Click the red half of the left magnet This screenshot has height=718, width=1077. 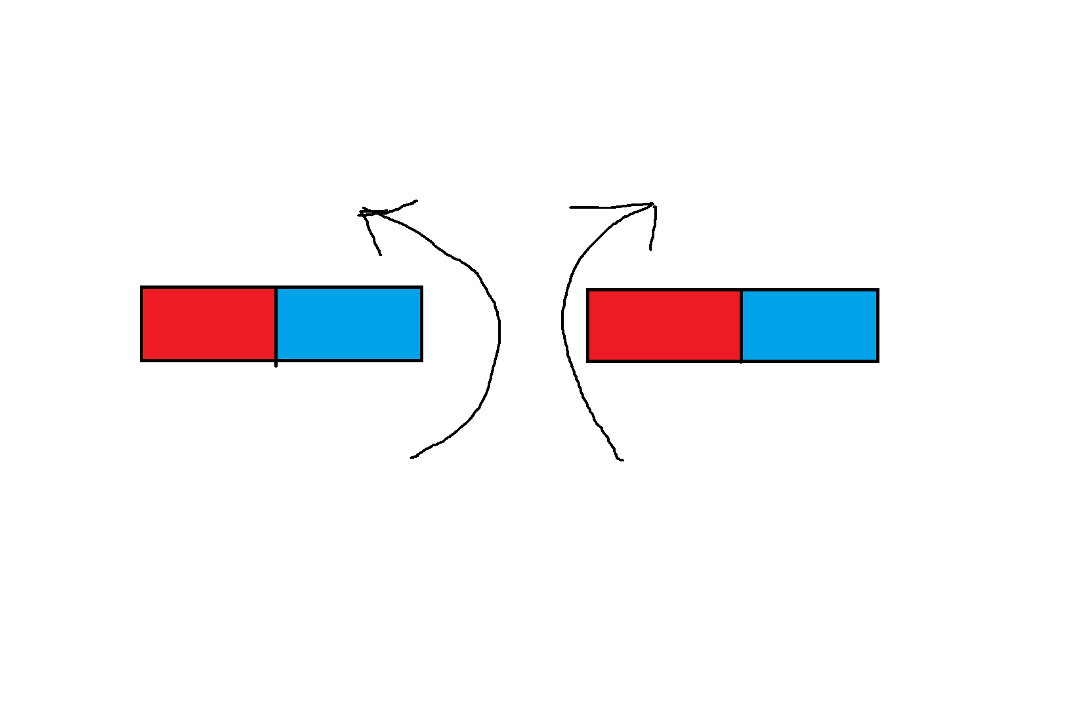click(209, 324)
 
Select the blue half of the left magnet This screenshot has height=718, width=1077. click(348, 324)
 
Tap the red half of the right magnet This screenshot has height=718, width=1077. click(664, 325)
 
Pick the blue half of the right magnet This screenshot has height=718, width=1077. click(809, 325)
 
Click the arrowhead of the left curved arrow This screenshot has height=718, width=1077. click(363, 212)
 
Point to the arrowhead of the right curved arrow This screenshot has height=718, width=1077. click(654, 205)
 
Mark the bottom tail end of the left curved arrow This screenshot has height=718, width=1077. click(412, 457)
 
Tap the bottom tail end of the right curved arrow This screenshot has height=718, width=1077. click(621, 460)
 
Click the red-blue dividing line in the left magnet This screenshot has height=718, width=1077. click(276, 324)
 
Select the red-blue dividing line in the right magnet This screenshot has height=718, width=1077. click(741, 325)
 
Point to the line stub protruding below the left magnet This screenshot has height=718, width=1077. click(276, 364)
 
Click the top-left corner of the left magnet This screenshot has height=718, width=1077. click(142, 287)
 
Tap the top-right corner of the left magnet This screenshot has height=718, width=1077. click(421, 287)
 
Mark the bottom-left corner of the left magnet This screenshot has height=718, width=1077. click(142, 360)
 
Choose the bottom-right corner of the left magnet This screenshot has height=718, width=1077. click(421, 360)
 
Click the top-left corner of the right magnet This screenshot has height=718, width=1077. click(588, 290)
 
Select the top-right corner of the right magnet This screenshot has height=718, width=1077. click(877, 290)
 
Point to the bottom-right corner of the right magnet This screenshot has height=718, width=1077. click(877, 360)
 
